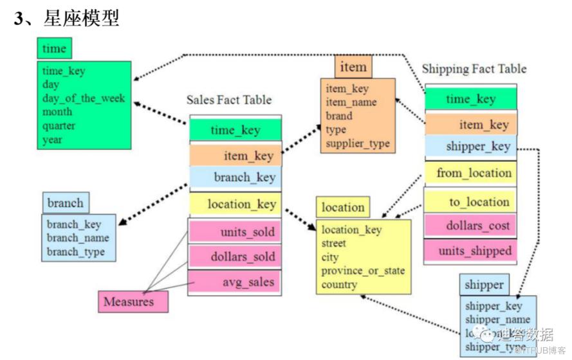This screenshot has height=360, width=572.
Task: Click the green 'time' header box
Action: [x=54, y=49]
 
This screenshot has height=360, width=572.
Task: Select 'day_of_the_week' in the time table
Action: [x=84, y=98]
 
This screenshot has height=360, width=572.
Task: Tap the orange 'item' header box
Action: [x=353, y=67]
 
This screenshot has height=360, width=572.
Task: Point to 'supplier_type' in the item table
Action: [x=357, y=143]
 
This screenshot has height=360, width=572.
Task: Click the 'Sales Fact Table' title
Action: [x=229, y=100]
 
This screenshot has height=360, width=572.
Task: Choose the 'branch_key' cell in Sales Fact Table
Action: [x=235, y=177]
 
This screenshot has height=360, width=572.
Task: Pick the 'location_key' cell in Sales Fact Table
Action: [x=235, y=204]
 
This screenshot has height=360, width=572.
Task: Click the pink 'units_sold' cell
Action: [x=235, y=232]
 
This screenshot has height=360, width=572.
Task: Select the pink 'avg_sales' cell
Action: [x=235, y=282]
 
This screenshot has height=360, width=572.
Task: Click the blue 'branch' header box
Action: [x=65, y=203]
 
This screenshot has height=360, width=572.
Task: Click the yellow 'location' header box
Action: [x=343, y=207]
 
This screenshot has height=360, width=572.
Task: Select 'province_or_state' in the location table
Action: [x=363, y=271]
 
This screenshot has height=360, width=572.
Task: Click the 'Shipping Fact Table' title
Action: [x=474, y=69]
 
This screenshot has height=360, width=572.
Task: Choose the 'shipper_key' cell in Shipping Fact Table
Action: [x=470, y=147]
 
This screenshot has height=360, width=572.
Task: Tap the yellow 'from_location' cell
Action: [x=470, y=174]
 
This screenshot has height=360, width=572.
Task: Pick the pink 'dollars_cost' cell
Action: [x=470, y=226]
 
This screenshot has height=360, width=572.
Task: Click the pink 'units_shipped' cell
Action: [x=470, y=251]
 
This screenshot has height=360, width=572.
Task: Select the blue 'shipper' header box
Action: [x=483, y=284]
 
